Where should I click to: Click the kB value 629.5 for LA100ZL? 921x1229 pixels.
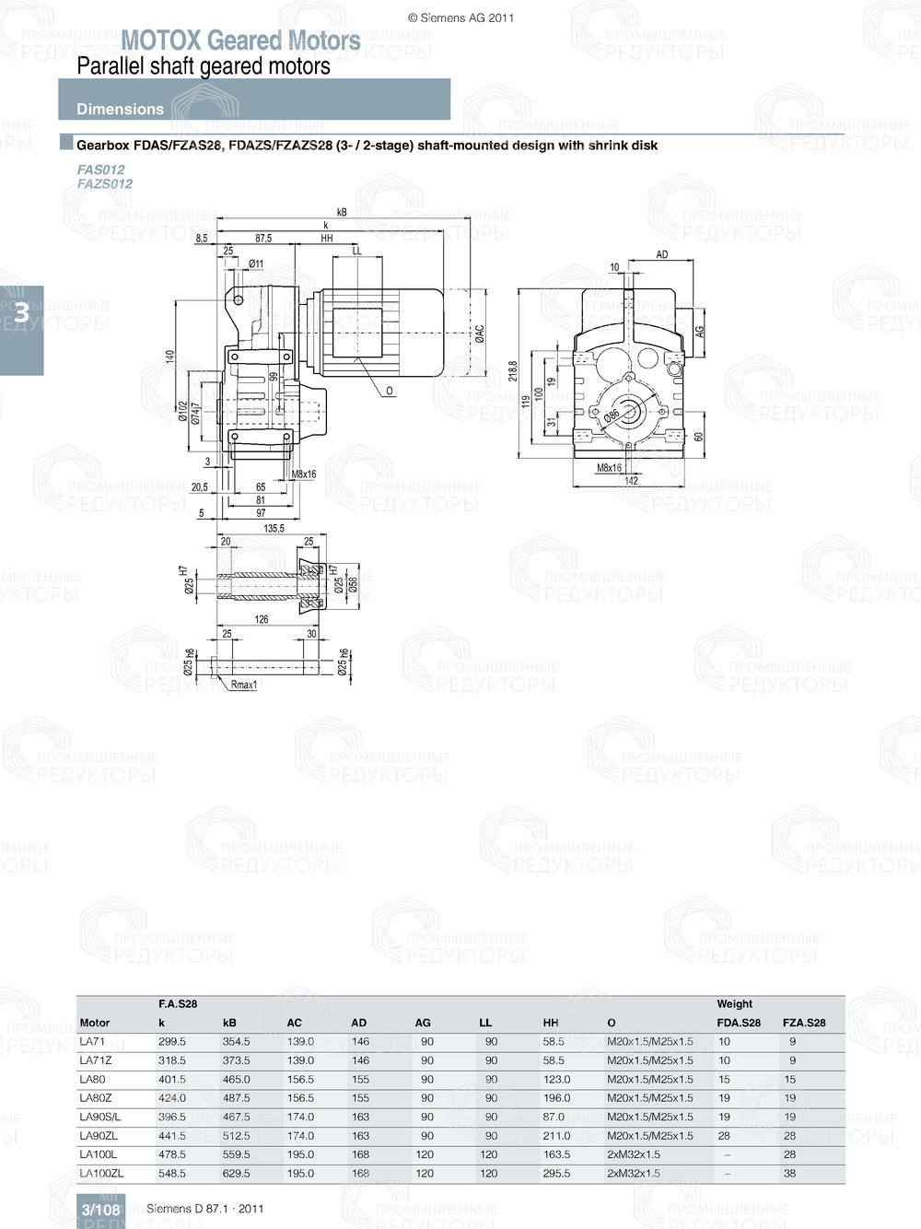click(x=236, y=1174)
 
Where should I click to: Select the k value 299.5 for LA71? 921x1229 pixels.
click(x=171, y=1042)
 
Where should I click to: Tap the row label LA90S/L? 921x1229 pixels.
click(x=99, y=1117)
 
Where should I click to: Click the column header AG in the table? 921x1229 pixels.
click(x=423, y=1023)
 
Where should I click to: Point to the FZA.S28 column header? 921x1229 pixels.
click(x=803, y=1023)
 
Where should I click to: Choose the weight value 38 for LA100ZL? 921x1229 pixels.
click(x=789, y=1174)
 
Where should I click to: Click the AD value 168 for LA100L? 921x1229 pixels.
click(x=360, y=1154)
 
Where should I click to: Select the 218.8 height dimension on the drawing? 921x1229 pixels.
click(x=513, y=370)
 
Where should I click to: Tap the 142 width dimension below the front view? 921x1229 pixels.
click(x=631, y=480)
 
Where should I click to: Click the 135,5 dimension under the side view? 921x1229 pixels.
click(x=274, y=529)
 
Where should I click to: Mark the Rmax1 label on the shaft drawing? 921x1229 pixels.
click(x=244, y=685)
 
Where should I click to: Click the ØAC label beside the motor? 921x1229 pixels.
click(x=480, y=334)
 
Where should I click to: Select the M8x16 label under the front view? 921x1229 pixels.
click(x=609, y=468)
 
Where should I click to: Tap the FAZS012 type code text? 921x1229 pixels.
click(x=105, y=183)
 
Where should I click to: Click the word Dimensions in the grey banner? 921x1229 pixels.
click(x=120, y=109)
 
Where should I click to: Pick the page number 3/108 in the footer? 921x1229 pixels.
click(x=100, y=1210)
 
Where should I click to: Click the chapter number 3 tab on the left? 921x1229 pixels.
click(x=21, y=313)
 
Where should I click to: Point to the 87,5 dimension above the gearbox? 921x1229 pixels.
click(x=263, y=238)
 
